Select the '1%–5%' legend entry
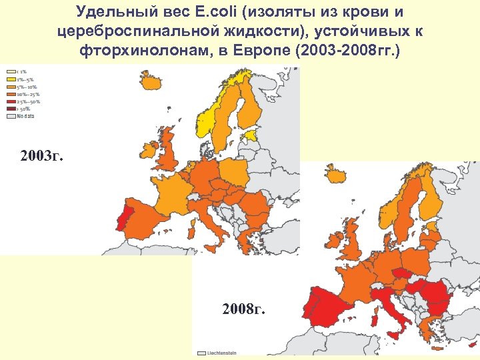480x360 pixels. [16, 79]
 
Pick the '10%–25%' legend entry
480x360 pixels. [18, 94]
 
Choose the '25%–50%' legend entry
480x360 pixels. [18, 101]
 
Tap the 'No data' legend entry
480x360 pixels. [17, 116]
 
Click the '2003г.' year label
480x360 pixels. [43, 157]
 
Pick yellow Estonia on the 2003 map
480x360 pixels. [252, 135]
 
